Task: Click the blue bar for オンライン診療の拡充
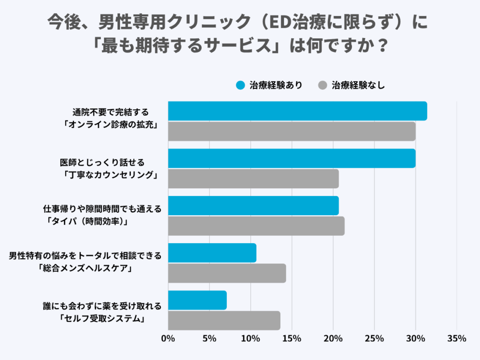(x=297, y=111)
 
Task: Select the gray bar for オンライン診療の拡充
(x=292, y=131)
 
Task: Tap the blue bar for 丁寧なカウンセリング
(x=292, y=158)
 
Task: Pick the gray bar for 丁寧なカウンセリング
(x=253, y=179)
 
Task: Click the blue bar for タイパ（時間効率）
(x=253, y=206)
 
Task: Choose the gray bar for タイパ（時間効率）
(x=256, y=226)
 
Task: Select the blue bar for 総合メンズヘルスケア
(x=212, y=253)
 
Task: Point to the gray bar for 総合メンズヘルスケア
(x=227, y=273)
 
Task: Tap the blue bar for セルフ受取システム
(x=197, y=300)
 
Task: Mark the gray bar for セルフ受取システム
(x=224, y=321)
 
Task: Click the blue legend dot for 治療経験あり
(x=240, y=85)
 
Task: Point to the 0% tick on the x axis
(x=168, y=338)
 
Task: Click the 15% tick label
(x=292, y=338)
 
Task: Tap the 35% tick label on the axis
(x=457, y=338)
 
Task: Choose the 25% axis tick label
(x=374, y=338)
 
